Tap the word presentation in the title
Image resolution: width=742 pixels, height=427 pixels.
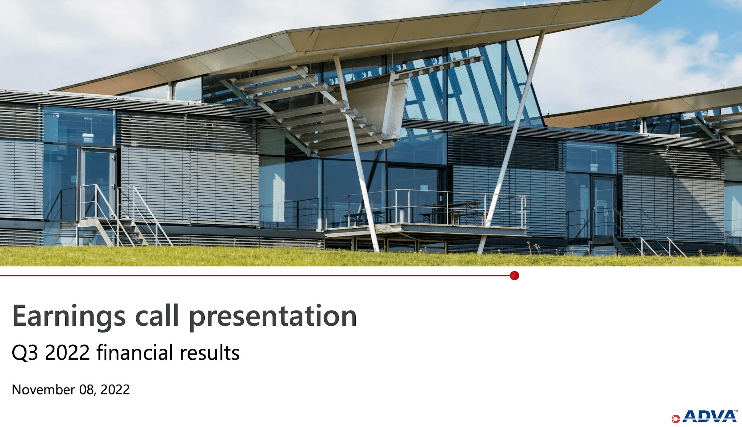tap(273, 316)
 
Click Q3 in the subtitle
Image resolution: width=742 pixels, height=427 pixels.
tap(25, 352)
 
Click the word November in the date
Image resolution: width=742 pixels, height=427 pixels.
tap(43, 390)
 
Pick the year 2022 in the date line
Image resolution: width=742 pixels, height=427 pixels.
tap(115, 390)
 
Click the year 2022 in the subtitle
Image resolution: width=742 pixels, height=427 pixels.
tap(67, 352)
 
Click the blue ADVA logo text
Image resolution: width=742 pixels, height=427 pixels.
tap(709, 416)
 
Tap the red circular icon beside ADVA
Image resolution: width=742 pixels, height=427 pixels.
tap(675, 419)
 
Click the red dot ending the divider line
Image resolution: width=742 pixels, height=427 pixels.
tap(514, 276)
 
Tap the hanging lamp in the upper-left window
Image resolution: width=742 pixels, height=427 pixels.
tap(88, 135)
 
